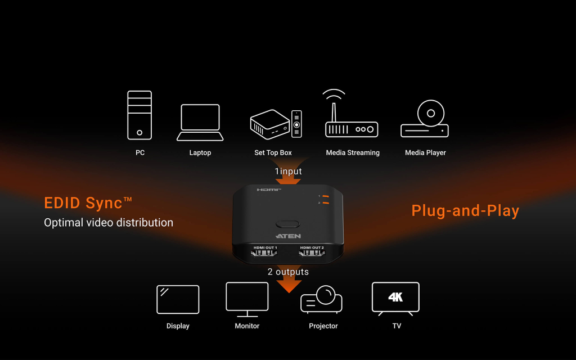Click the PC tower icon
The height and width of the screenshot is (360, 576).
139,115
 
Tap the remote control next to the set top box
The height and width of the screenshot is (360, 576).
296,123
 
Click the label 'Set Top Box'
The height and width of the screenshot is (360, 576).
273,153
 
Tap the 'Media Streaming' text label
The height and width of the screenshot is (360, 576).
353,153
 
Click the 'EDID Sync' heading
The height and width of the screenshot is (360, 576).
88,203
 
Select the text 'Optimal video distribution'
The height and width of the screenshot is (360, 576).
109,223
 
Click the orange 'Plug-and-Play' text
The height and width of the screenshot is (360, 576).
465,211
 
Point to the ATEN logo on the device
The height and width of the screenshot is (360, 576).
288,236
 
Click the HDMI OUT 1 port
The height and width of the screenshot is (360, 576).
264,253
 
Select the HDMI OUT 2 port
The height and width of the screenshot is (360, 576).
312,253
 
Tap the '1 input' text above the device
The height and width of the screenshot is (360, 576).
288,172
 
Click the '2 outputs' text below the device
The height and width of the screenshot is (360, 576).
288,272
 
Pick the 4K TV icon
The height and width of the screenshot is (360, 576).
395,298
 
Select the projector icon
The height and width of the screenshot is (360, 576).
321,300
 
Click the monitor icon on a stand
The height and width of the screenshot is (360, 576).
247,298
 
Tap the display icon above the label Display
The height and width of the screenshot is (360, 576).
178,299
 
